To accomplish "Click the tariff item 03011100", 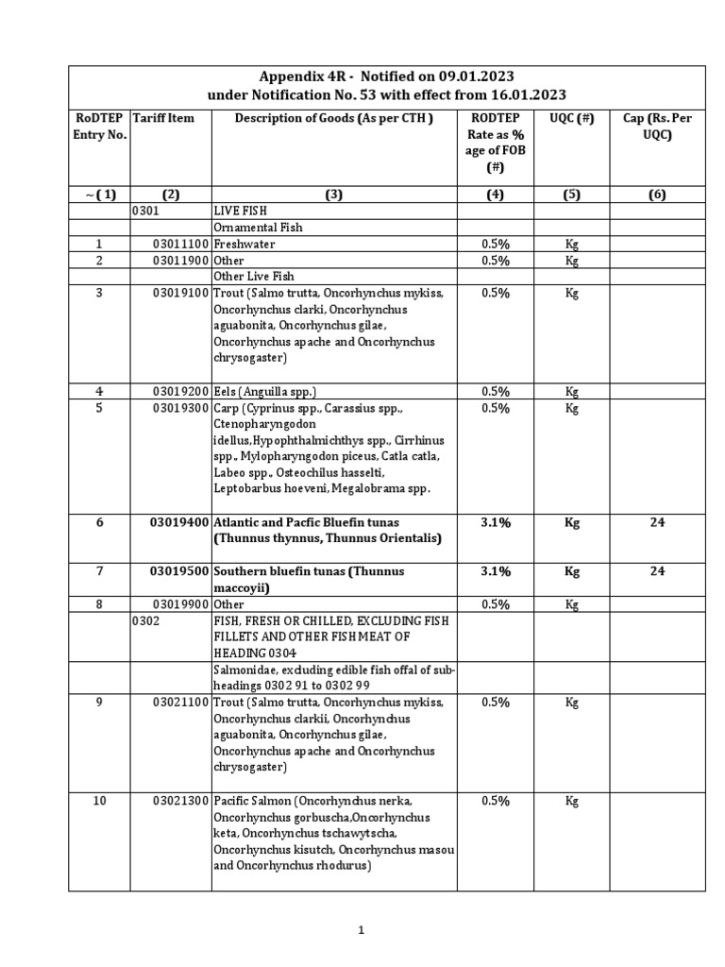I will [x=182, y=244].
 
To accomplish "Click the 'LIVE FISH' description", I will [x=241, y=212].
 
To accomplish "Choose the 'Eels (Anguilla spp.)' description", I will [x=265, y=392].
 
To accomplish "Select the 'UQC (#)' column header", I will [x=571, y=118].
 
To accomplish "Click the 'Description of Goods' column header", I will [x=333, y=118].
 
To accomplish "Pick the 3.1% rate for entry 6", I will [x=496, y=522].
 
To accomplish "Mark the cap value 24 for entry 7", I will [x=657, y=571].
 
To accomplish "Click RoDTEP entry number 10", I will [x=99, y=801].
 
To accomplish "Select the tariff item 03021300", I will [x=182, y=801].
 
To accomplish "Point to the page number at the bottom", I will [x=361, y=930].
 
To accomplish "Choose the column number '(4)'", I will [x=496, y=195].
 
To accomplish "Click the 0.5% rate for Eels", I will [x=496, y=392].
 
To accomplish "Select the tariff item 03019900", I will [x=182, y=604].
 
